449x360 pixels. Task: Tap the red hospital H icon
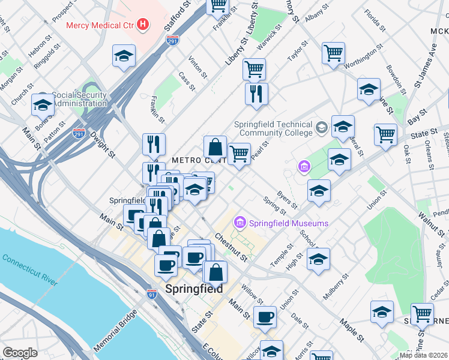pyautogui.click(x=143, y=25)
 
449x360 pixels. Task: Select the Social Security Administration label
pyautogui.click(x=79, y=99)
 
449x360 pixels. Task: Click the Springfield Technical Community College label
pyautogui.click(x=273, y=128)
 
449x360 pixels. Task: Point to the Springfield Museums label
pyautogui.click(x=289, y=223)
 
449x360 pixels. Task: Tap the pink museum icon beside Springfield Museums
pyautogui.click(x=240, y=223)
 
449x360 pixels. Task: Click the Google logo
pyautogui.click(x=20, y=353)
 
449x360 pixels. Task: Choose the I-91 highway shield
pyautogui.click(x=152, y=294)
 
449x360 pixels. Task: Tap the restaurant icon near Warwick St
pyautogui.click(x=256, y=94)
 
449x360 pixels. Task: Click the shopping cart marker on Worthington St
pyautogui.click(x=333, y=53)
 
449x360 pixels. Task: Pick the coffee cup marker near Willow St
pyautogui.click(x=265, y=316)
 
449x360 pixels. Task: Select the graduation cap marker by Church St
pyautogui.click(x=43, y=104)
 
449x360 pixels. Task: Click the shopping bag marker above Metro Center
pyautogui.click(x=215, y=147)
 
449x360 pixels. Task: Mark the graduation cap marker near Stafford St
pyautogui.click(x=124, y=56)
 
